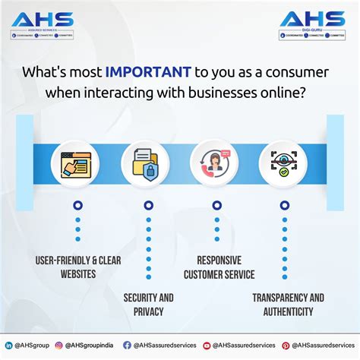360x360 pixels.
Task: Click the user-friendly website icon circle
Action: coord(77,162)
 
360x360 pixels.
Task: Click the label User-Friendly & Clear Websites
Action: coord(77,267)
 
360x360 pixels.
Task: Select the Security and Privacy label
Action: coord(149,304)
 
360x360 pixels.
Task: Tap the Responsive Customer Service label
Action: coord(219,267)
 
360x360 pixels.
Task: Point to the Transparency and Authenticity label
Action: coord(289,304)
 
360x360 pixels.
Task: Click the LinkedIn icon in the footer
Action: coord(8,345)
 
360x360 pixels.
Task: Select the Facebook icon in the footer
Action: coord(126,345)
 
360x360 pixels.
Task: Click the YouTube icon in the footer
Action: coord(207,345)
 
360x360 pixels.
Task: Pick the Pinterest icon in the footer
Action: coord(286,345)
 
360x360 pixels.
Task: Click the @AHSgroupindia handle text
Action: coord(91,345)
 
